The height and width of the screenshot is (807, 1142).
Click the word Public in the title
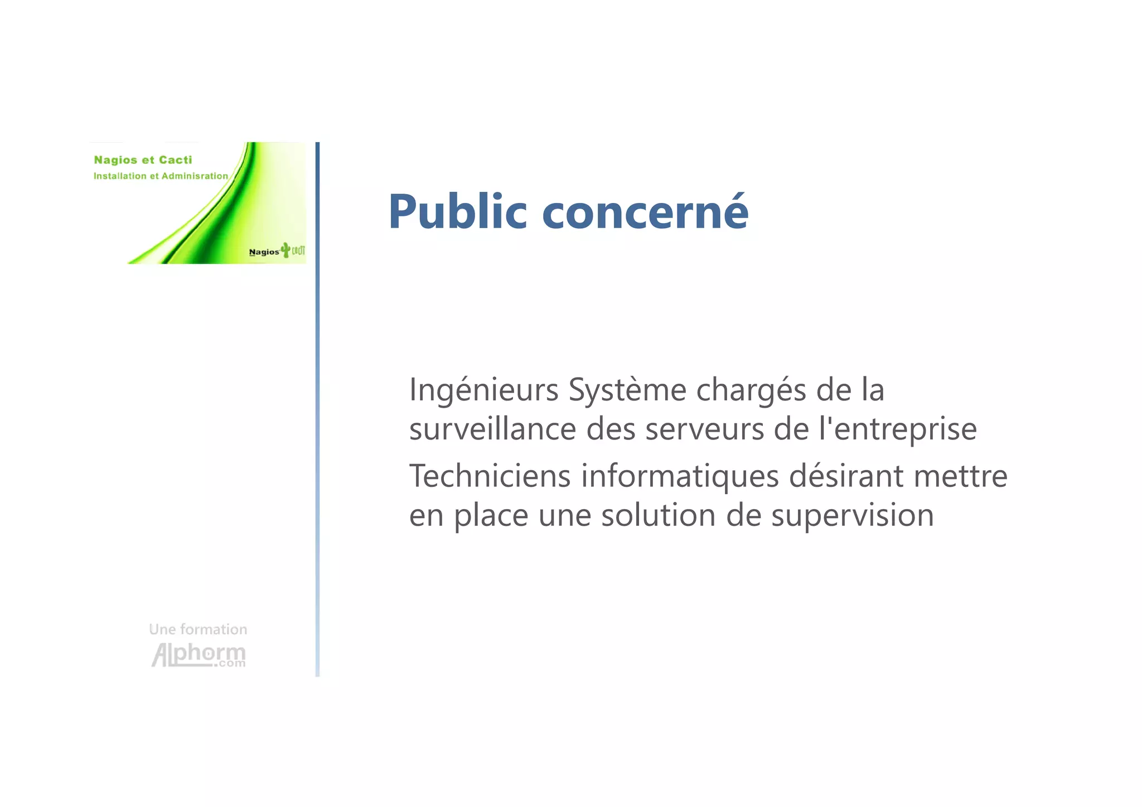[457, 211]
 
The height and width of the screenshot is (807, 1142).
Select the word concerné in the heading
[645, 211]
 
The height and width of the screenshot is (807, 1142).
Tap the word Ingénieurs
[483, 390]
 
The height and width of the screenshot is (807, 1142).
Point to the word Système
[627, 390]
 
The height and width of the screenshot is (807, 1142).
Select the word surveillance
[492, 429]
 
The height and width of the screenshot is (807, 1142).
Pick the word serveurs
[704, 429]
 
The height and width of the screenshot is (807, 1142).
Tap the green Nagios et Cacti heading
[143, 160]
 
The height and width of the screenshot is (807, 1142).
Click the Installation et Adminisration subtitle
[161, 176]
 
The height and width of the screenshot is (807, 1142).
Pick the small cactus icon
[285, 250]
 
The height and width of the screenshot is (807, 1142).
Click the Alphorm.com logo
[199, 655]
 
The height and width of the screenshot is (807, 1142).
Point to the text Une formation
[198, 629]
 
